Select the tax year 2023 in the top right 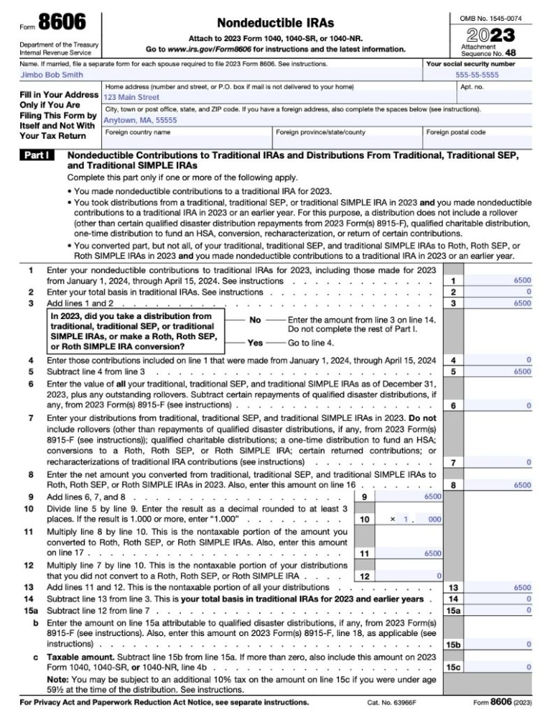tap(488, 35)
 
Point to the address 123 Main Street tap(131, 98)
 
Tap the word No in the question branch tap(255, 319)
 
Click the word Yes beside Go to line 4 tap(256, 344)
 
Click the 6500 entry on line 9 tap(432, 496)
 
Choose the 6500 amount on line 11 tap(432, 553)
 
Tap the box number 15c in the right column tap(453, 667)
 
